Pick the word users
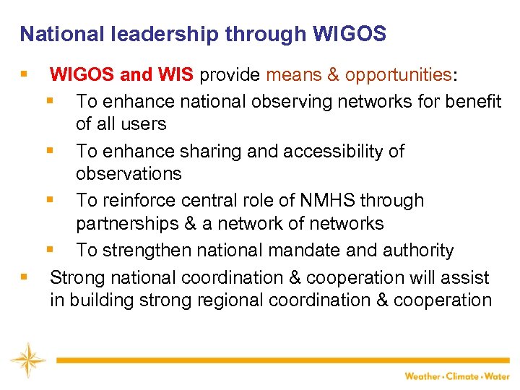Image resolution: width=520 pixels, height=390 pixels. tap(145, 124)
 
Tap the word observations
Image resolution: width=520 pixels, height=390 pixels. tap(129, 174)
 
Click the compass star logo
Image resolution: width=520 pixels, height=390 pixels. tap(27, 360)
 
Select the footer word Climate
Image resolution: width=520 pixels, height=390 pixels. tap(462, 376)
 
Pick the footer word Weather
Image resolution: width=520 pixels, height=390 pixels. tap(422, 376)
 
